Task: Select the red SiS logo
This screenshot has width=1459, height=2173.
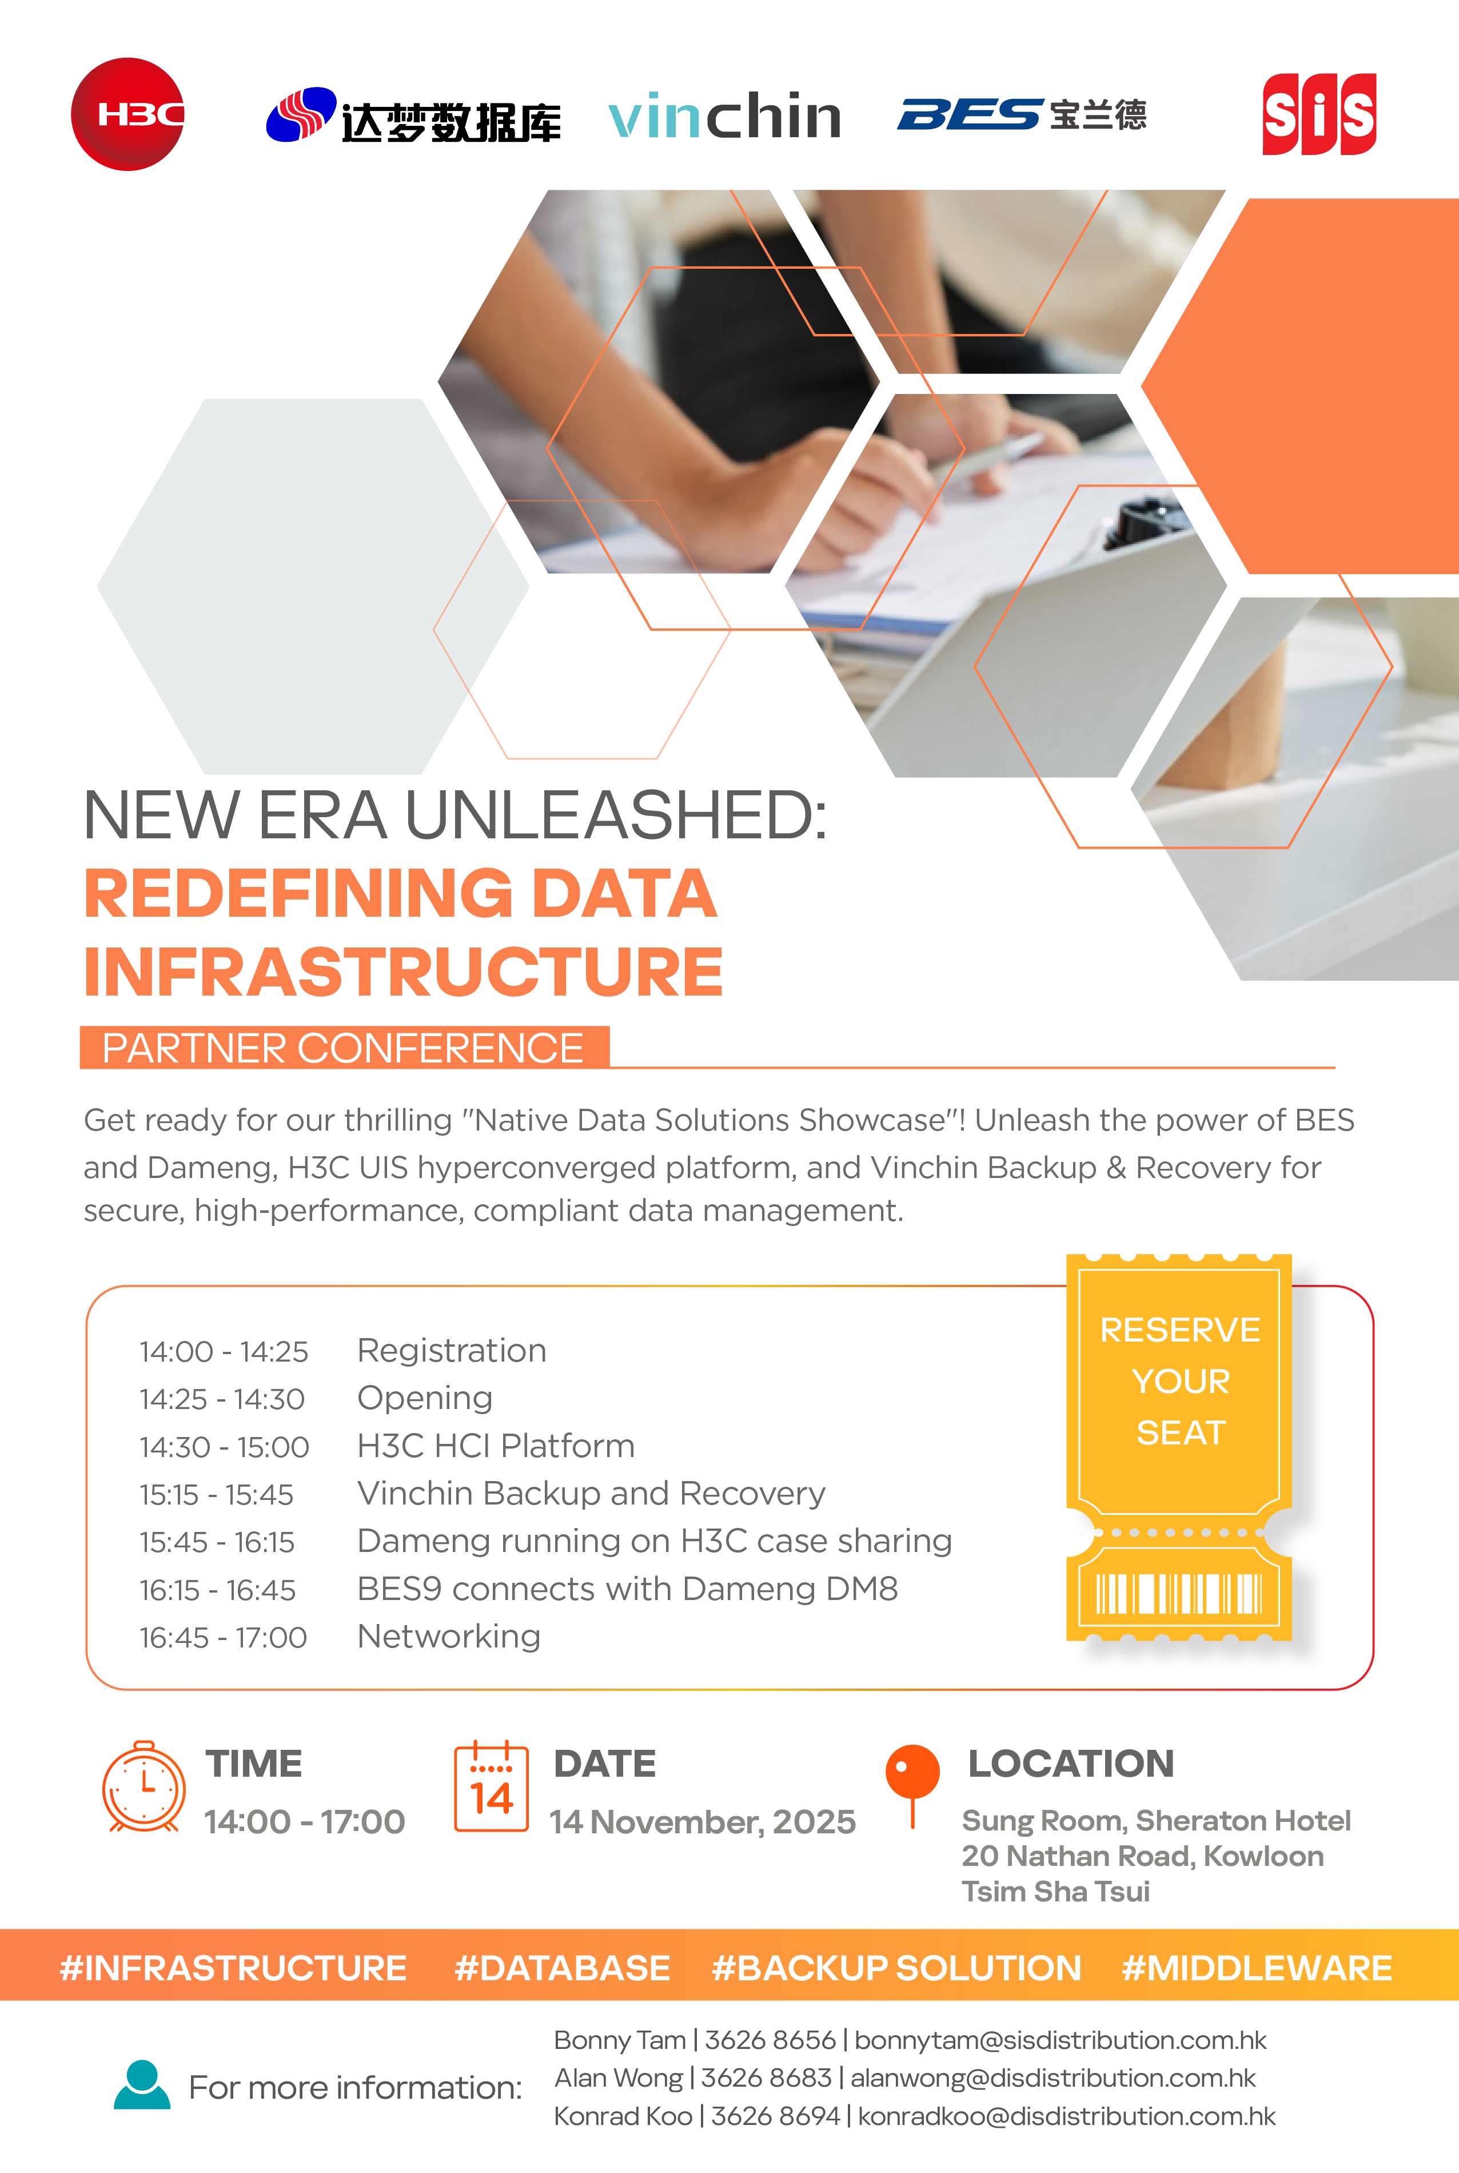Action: tap(1320, 114)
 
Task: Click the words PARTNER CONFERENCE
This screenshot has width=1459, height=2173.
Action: tap(342, 1048)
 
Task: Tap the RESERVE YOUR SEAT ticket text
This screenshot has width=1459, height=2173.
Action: tap(1180, 1381)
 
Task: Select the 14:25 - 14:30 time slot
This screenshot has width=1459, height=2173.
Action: tap(222, 1399)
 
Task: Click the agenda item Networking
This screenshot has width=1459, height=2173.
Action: tap(448, 1636)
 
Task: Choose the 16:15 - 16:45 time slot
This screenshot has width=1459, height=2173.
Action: tap(218, 1590)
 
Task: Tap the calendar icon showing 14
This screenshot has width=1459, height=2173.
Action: tap(491, 1787)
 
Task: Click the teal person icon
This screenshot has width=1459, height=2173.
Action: tap(142, 2084)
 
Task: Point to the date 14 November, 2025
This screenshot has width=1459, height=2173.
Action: tap(703, 1822)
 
